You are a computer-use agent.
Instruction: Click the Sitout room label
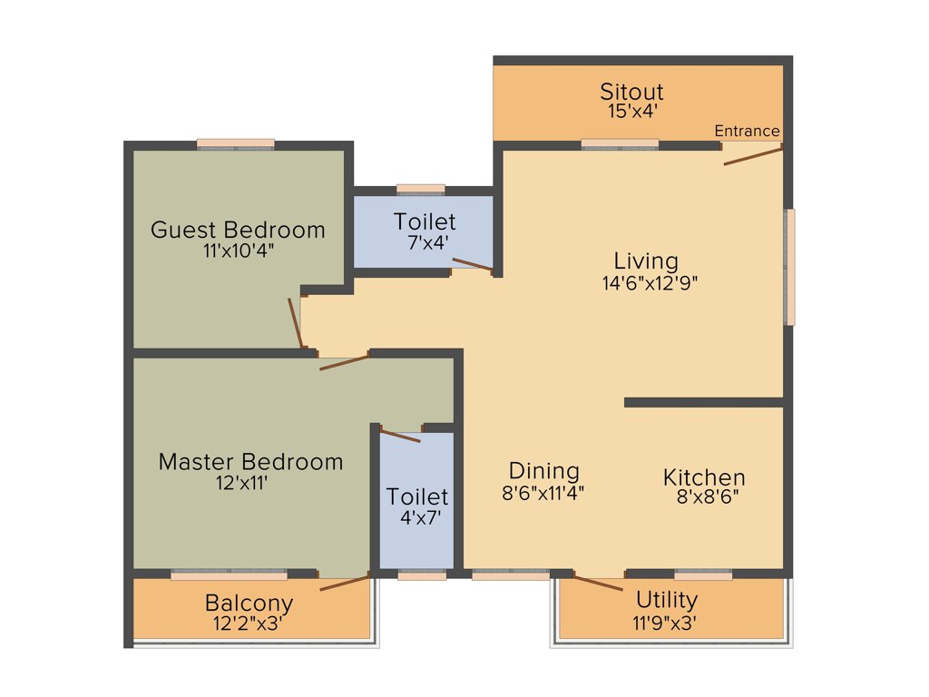631,92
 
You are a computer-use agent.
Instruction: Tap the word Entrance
747,131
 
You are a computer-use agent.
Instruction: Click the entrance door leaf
752,156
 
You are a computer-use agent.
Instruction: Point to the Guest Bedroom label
238,230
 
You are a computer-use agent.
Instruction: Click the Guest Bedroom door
295,323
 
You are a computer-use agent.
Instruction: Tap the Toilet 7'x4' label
425,221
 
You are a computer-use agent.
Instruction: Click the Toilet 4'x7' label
417,497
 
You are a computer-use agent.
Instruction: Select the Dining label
543,471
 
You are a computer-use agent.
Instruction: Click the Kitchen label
704,477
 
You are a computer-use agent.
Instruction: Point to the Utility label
667,600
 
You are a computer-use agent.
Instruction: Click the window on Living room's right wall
790,267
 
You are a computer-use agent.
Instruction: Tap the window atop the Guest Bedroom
236,143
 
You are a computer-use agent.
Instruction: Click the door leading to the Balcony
345,583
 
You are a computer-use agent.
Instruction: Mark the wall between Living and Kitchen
703,402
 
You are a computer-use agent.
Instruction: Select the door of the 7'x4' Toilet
472,264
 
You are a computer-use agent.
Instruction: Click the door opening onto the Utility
598,583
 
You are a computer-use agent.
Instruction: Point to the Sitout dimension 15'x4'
631,111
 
